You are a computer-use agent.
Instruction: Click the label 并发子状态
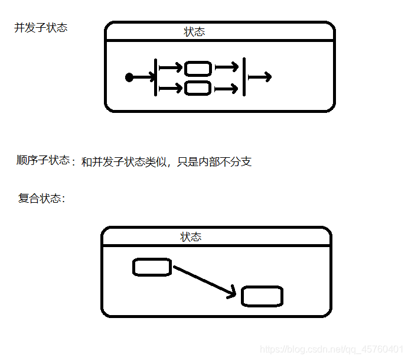pos(41,28)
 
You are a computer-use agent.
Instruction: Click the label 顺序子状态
pos(43,160)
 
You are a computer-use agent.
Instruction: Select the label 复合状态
pos(41,198)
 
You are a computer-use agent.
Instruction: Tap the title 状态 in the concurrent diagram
pos(194,32)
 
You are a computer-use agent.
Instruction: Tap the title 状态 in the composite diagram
pos(191,237)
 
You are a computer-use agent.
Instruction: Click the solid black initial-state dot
pos(129,77)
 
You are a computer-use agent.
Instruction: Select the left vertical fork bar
pos(155,77)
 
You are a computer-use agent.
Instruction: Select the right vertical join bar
pos(243,77)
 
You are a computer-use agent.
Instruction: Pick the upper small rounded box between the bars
pos(198,68)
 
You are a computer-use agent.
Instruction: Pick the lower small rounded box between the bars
pos(198,89)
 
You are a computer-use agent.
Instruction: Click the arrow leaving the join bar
pos(259,77)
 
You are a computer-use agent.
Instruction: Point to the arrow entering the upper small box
pos(171,68)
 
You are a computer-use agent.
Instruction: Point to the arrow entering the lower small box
pos(171,89)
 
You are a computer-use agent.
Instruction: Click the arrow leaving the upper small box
pos(226,67)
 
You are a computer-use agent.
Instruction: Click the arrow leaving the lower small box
pos(226,89)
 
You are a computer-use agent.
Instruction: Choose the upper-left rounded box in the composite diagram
pos(152,267)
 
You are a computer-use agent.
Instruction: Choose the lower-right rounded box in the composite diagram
pos(262,296)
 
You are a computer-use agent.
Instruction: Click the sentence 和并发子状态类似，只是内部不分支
pos(166,161)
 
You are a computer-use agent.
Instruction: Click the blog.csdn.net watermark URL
pos(332,349)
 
